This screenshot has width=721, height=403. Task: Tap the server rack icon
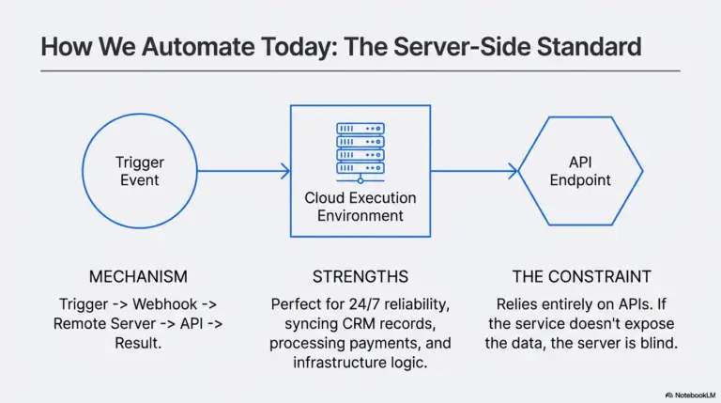pos(360,153)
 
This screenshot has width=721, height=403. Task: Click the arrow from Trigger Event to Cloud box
pos(244,171)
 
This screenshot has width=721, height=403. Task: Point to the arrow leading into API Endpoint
pos(474,171)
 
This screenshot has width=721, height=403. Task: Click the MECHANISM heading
pos(138,276)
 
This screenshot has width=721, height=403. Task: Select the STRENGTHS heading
pos(360,276)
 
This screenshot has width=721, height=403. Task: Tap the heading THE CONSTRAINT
pos(582,276)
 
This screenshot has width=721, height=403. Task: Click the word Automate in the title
pos(198,46)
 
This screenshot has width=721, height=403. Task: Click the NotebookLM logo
pos(690,395)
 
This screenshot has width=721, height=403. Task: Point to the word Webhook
pos(164,304)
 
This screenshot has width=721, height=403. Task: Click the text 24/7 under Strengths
pos(363,304)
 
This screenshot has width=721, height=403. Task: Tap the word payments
pos(386,343)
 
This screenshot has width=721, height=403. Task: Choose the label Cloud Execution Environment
pos(360,207)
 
